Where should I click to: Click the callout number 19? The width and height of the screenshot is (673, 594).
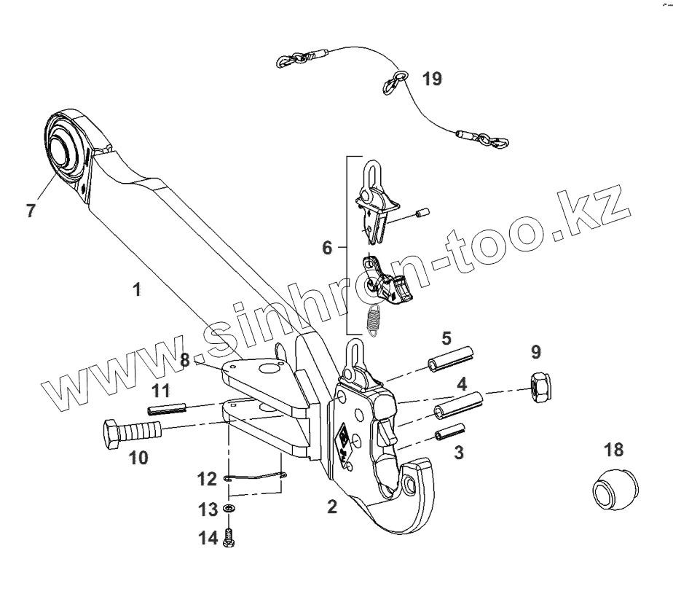point(431,79)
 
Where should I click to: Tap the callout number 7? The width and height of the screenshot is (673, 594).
point(31,212)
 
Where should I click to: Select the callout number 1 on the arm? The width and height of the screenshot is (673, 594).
point(136,289)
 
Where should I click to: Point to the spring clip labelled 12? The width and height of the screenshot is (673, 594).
point(255,477)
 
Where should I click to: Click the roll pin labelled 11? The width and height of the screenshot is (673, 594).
point(168,409)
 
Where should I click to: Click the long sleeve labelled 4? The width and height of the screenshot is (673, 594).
point(459,405)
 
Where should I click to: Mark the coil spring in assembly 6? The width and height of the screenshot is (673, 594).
point(374,319)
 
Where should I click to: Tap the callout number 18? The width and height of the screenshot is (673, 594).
point(613,448)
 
